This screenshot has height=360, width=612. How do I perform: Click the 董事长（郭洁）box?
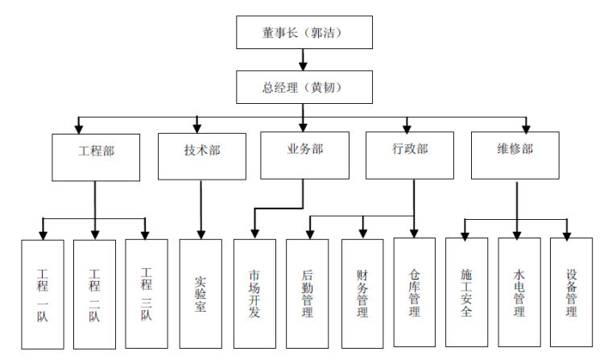tap(305, 33)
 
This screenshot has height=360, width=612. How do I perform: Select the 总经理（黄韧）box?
tap(305, 86)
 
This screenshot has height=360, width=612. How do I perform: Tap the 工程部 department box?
tap(95, 156)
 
